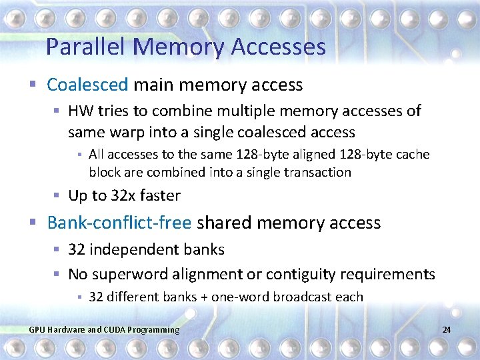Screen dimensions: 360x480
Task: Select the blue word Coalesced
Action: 87,85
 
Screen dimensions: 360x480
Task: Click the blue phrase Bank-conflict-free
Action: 119,223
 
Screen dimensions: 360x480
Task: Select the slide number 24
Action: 447,330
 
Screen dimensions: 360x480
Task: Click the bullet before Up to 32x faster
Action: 58,196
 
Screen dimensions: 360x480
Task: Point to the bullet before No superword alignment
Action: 58,274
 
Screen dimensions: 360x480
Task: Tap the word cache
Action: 414,155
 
